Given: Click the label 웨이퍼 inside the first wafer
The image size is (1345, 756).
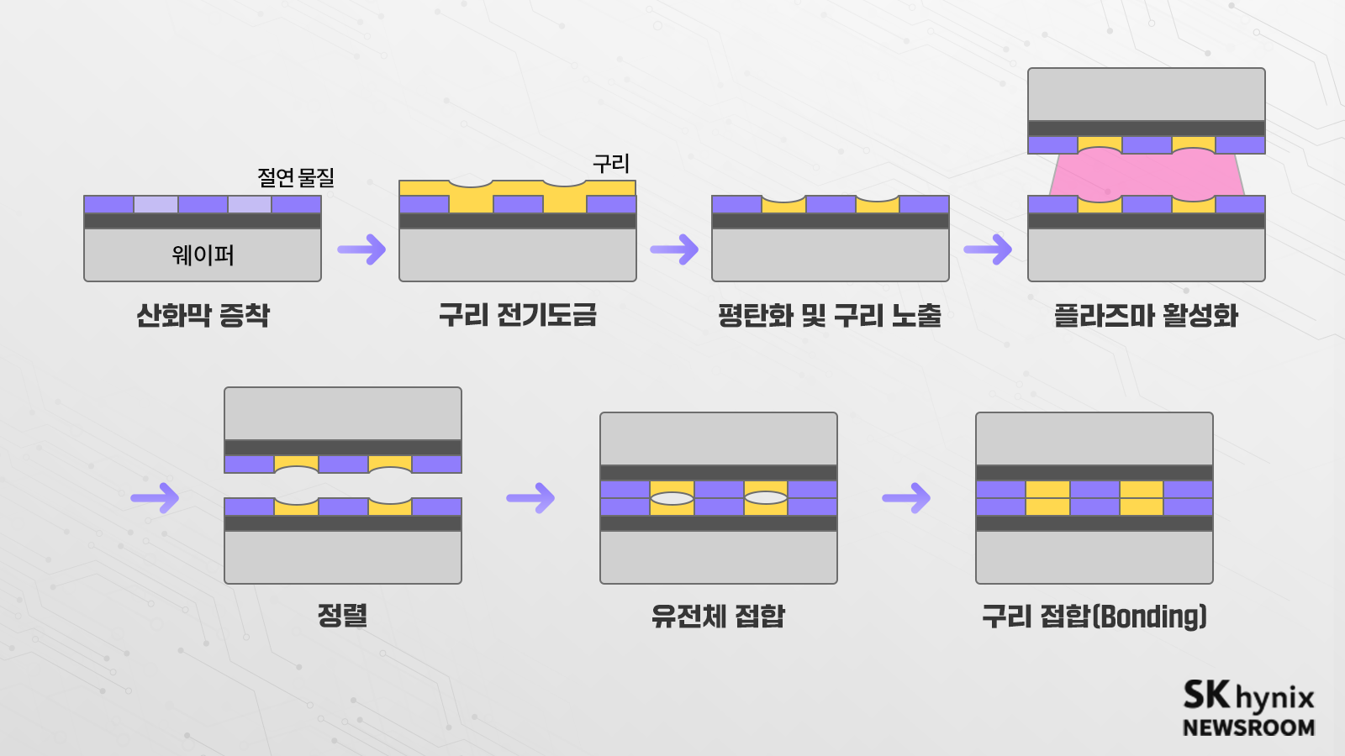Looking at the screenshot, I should tap(203, 255).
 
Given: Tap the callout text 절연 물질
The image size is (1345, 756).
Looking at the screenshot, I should tap(295, 177).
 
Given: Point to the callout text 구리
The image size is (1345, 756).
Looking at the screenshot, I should tap(611, 163).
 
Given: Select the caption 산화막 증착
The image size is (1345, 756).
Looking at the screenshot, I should tap(203, 316).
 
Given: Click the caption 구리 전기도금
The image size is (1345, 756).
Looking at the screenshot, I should tap(517, 315).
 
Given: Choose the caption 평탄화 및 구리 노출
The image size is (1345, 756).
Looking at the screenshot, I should tap(829, 316).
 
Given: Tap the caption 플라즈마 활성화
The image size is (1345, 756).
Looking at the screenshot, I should tap(1146, 316).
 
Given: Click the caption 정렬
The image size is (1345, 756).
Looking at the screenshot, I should tap(342, 615).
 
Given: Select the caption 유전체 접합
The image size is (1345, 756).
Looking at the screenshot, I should tap(718, 616).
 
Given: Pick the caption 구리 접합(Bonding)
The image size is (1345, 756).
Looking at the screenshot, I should tap(1094, 616).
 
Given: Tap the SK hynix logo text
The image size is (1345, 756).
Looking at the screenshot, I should tap(1247, 696).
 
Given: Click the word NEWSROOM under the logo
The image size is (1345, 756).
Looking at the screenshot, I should tap(1247, 727).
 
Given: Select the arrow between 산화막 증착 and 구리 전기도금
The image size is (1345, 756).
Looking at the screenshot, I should tap(361, 249).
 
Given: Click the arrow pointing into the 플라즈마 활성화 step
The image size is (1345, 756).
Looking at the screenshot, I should tap(988, 249).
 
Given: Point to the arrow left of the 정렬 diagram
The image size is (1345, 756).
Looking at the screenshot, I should tap(156, 498).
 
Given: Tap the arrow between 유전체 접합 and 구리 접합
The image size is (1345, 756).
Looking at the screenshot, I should tap(906, 498).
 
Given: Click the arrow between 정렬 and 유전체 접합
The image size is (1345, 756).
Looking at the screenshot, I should tap(530, 498).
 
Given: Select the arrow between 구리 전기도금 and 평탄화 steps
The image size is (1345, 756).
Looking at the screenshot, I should tap(674, 249).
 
